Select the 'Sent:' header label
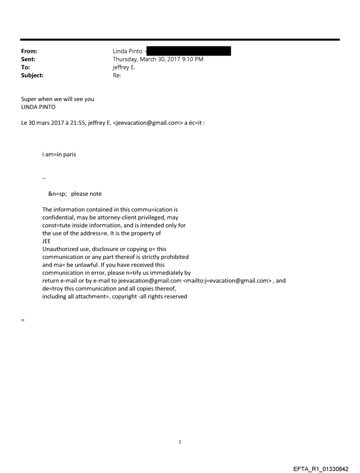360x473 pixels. pyautogui.click(x=28, y=59)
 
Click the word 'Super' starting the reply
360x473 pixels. pyautogui.click(x=29, y=99)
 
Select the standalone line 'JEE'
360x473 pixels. pyautogui.click(x=46, y=241)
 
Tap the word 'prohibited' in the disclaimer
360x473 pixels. pyautogui.click(x=174, y=257)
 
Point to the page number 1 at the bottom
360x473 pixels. pyautogui.click(x=180, y=442)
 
